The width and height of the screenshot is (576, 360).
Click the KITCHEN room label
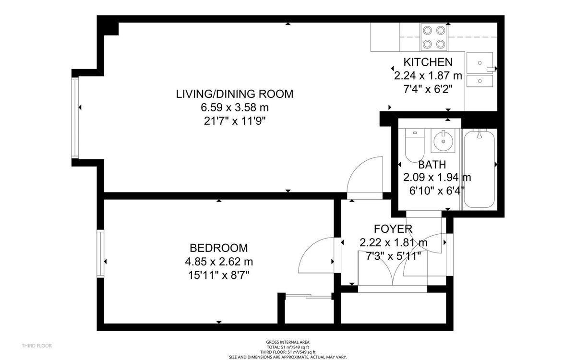click(427, 62)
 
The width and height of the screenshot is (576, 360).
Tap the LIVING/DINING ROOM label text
click(234, 94)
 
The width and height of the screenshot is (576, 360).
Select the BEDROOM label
click(219, 248)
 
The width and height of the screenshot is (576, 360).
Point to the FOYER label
click(393, 229)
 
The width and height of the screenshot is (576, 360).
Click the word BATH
click(432, 165)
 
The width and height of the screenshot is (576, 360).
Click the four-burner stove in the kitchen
click(434, 37)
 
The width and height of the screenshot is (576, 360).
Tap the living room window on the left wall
click(75, 118)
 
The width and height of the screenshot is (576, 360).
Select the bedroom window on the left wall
click(100, 254)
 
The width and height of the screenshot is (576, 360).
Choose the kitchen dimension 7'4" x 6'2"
click(427, 89)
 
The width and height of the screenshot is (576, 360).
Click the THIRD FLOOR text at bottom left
click(36, 346)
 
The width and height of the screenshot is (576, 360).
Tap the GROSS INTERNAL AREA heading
click(288, 342)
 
